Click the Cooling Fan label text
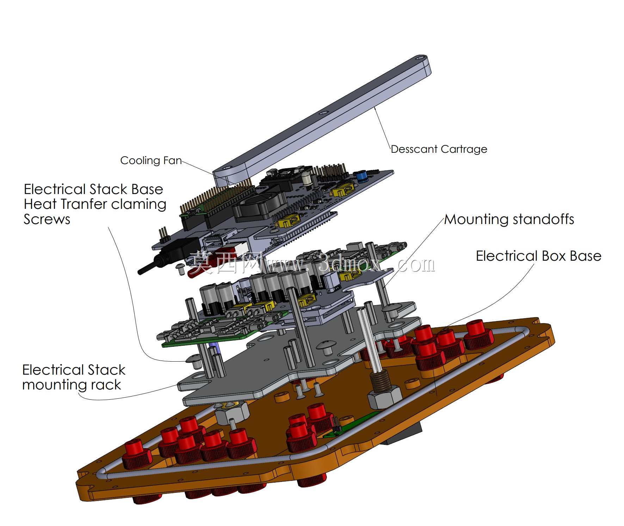[151, 161]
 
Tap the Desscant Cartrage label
[439, 149]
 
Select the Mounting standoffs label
[509, 219]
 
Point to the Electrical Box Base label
[538, 256]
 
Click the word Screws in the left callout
[47, 219]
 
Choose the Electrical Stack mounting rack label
[74, 377]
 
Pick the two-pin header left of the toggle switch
[163, 234]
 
